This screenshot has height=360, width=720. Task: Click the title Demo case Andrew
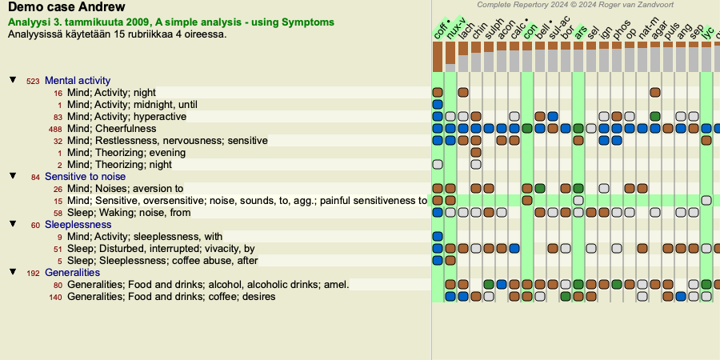[x=66, y=8]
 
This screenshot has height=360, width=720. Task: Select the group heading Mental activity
[x=78, y=81]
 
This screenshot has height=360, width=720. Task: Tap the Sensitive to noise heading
[x=85, y=177]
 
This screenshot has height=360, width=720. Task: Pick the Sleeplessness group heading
[x=78, y=225]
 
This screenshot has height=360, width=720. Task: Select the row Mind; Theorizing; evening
[x=126, y=153]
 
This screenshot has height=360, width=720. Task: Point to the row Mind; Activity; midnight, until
[x=131, y=105]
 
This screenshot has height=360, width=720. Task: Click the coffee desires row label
[x=171, y=297]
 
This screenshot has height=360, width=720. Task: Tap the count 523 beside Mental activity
[x=33, y=81]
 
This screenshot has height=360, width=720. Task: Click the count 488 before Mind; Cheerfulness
[x=55, y=129]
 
